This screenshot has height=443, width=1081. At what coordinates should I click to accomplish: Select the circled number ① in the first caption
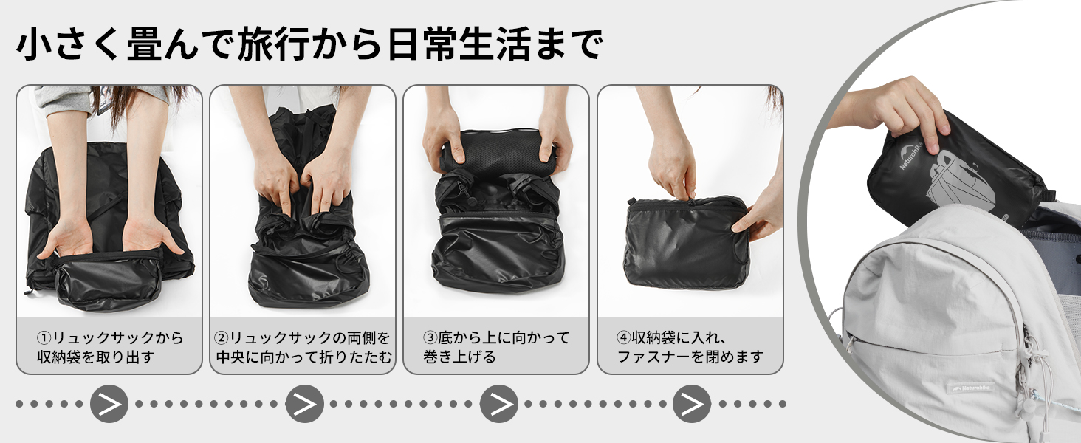point(44,337)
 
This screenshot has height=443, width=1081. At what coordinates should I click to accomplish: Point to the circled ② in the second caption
point(222,337)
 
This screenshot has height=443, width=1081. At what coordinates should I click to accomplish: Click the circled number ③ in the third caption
point(430,337)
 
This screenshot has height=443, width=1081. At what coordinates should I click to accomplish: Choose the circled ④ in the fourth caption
point(624,337)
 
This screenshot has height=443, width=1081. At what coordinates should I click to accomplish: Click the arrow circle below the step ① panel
point(109,404)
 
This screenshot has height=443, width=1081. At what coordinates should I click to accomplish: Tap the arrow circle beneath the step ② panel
point(304,404)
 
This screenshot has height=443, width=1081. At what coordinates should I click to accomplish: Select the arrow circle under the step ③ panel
point(499,404)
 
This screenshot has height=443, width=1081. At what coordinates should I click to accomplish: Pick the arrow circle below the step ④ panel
point(692,404)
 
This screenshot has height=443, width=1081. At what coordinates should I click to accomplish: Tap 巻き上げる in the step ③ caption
point(460,357)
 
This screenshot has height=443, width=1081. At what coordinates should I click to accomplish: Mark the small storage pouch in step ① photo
point(109,281)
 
